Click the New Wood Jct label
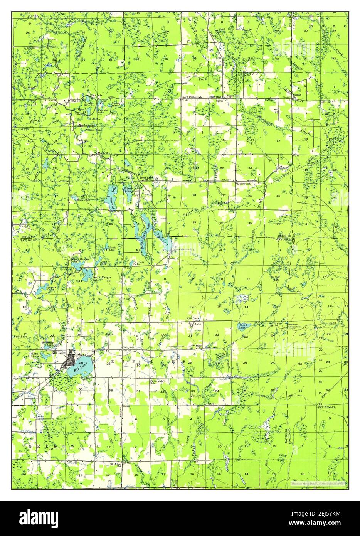pyautogui.click(x=327, y=407)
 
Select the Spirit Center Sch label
pyautogui.click(x=192, y=97)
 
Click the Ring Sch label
pyautogui.click(x=75, y=101)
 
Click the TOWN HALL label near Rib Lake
pyautogui.click(x=128, y=347)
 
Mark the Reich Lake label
pyautogui.click(x=111, y=249)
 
